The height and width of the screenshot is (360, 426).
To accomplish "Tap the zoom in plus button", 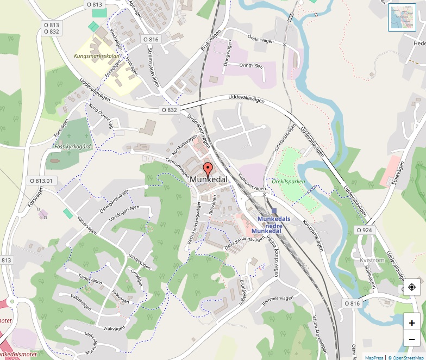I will point(412,322).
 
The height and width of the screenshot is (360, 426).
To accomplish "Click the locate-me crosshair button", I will point(412,287).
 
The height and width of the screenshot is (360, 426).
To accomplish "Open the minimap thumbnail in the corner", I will point(402,17).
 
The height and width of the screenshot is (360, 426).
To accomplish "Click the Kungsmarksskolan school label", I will point(96,56).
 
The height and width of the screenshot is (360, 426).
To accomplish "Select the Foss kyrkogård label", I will point(72,146).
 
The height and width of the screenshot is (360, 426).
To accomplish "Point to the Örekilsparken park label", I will point(289,181).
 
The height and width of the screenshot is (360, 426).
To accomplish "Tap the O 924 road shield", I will point(365,230).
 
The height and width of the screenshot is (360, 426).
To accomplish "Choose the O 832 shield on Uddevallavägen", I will point(169,110).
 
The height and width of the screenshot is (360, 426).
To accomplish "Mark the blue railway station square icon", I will point(274,211).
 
